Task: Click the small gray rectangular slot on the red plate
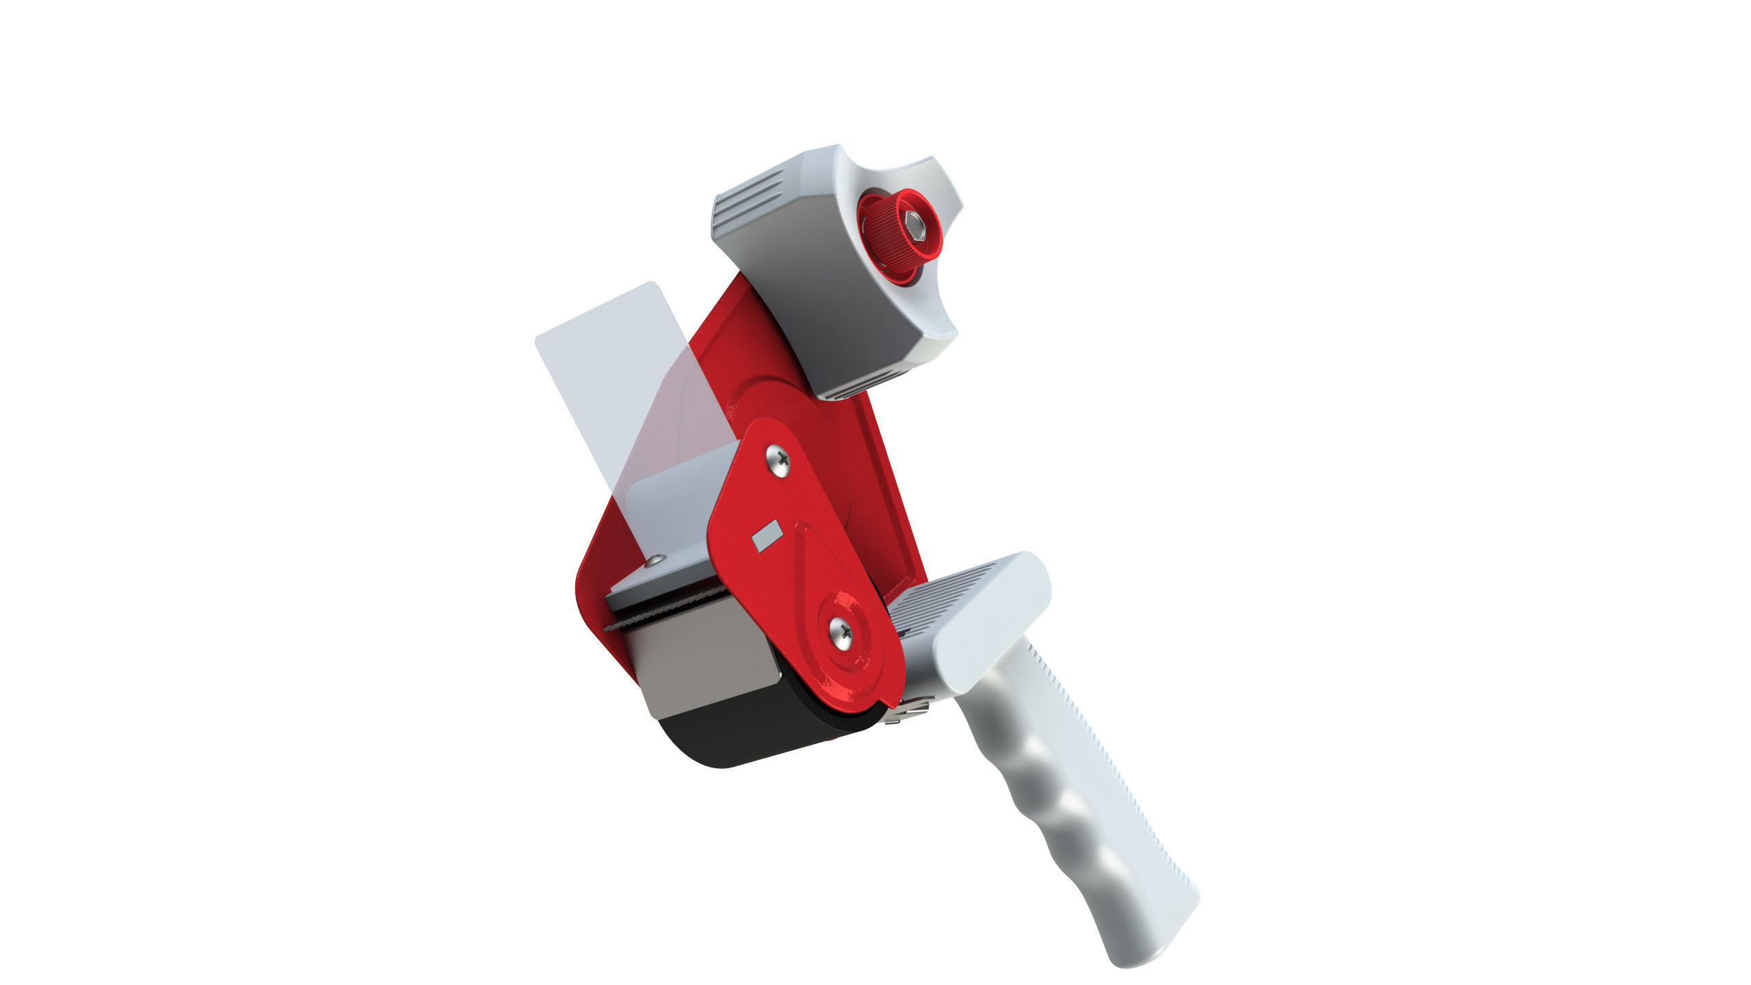(766, 535)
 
